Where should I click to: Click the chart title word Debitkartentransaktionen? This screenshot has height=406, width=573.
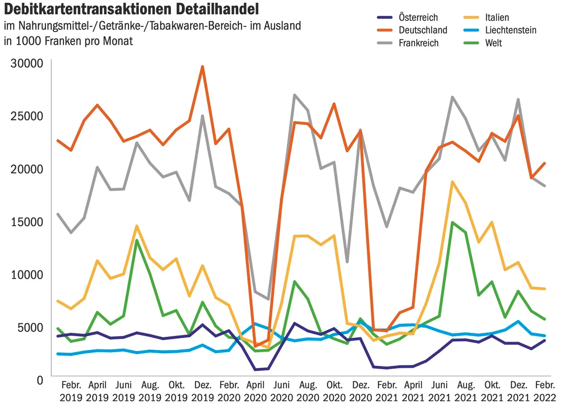[88, 10]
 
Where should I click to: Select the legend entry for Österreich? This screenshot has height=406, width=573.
[418, 17]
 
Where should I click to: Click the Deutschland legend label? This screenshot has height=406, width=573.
[423, 30]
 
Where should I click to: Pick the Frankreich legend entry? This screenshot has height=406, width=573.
[418, 43]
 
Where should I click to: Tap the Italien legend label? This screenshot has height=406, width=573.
[497, 17]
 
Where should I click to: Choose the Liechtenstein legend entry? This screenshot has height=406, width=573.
[511, 30]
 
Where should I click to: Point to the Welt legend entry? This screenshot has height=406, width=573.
[493, 43]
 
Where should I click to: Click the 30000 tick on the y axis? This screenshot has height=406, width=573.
[27, 64]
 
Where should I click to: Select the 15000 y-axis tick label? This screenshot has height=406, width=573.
[27, 222]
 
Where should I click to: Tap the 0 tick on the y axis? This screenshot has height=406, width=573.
[40, 381]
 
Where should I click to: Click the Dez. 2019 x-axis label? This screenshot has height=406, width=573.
[202, 391]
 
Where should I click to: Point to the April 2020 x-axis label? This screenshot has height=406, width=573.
[255, 391]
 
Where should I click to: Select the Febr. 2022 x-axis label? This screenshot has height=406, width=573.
[545, 391]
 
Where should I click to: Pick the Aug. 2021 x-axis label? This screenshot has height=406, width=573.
[466, 391]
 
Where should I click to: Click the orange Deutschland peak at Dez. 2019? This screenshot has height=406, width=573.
[202, 66]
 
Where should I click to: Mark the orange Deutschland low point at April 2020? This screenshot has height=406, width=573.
[255, 347]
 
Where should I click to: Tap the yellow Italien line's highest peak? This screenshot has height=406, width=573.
[452, 182]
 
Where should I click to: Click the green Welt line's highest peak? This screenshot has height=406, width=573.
[452, 222]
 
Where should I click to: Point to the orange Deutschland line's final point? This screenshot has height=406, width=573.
[545, 163]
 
